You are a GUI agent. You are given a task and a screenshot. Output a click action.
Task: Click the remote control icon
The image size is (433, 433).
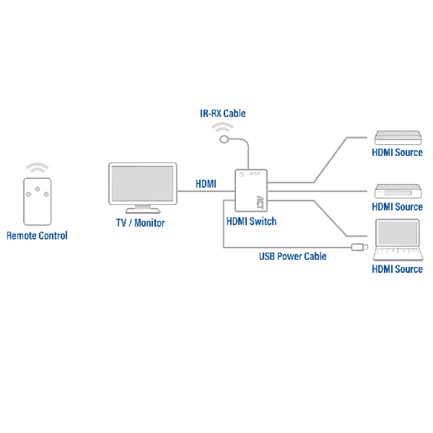click(37, 201)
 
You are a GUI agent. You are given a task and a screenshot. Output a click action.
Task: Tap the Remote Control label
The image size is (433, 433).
click(37, 235)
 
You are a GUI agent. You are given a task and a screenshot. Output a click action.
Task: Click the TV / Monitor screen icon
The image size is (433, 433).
click(142, 185)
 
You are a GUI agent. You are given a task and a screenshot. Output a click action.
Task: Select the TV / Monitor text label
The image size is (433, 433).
click(140, 222)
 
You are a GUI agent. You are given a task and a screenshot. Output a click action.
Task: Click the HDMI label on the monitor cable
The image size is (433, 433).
click(206, 184)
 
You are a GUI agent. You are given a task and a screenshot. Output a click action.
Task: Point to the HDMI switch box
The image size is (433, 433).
click(251, 190)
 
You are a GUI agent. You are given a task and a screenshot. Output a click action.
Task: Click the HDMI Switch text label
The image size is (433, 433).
click(251, 221)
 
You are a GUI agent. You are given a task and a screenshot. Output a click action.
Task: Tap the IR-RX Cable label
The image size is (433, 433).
click(222, 113)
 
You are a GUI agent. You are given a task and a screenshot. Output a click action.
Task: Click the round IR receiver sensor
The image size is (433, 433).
click(224, 140)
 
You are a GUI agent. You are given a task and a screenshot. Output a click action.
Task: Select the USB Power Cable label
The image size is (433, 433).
click(292, 256)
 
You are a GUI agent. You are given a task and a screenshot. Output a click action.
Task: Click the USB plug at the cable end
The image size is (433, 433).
click(359, 247)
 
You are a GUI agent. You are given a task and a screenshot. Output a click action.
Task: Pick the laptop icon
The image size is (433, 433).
click(397, 240)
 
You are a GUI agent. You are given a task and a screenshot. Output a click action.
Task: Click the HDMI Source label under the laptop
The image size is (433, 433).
click(397, 269)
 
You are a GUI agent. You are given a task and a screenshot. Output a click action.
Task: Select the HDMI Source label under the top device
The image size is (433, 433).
click(397, 152)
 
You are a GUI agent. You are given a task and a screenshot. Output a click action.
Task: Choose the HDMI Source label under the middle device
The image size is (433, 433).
click(397, 206)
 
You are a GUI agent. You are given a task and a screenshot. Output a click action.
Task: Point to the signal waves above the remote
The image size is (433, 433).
click(37, 167)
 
